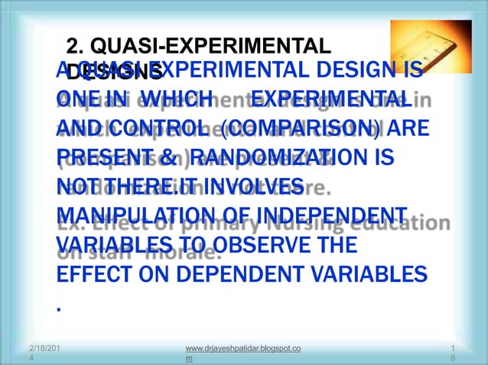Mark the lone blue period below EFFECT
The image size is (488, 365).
(x=58, y=309)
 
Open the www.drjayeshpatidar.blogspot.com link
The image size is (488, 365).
(x=237, y=353)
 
